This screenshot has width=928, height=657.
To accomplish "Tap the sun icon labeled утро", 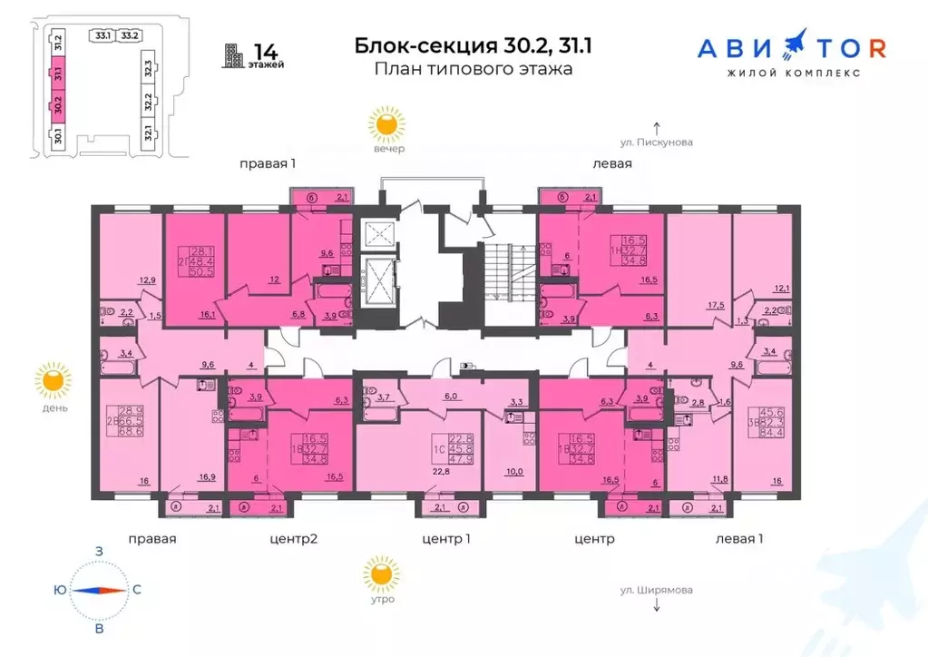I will tap(380, 574).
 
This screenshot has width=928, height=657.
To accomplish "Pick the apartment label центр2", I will tap(294, 539).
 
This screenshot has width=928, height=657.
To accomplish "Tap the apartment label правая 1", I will tap(269, 164).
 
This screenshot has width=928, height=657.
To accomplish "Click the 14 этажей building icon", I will tap(234, 56).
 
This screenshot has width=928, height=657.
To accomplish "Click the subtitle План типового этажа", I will tap(473, 69).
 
